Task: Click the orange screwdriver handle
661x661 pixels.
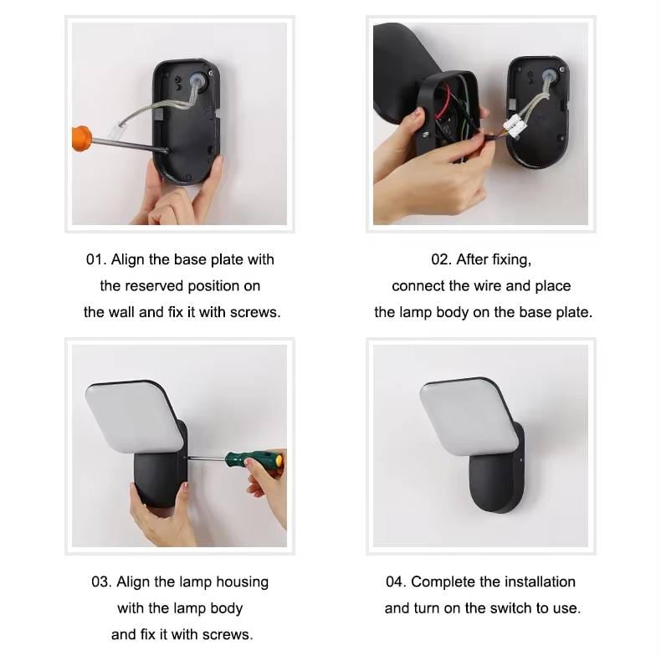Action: click(x=82, y=138)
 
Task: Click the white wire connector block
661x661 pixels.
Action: click(x=514, y=125)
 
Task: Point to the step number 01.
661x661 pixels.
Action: click(x=95, y=259)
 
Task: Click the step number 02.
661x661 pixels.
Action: click(x=441, y=259)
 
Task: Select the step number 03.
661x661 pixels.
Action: click(x=101, y=582)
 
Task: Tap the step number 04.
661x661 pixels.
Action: click(x=396, y=582)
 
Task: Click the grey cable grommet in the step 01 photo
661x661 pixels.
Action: click(x=198, y=79)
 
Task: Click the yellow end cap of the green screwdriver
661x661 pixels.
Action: click(x=279, y=460)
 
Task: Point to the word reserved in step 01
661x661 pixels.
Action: click(x=154, y=286)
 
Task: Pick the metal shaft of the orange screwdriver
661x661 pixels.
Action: click(x=130, y=145)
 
